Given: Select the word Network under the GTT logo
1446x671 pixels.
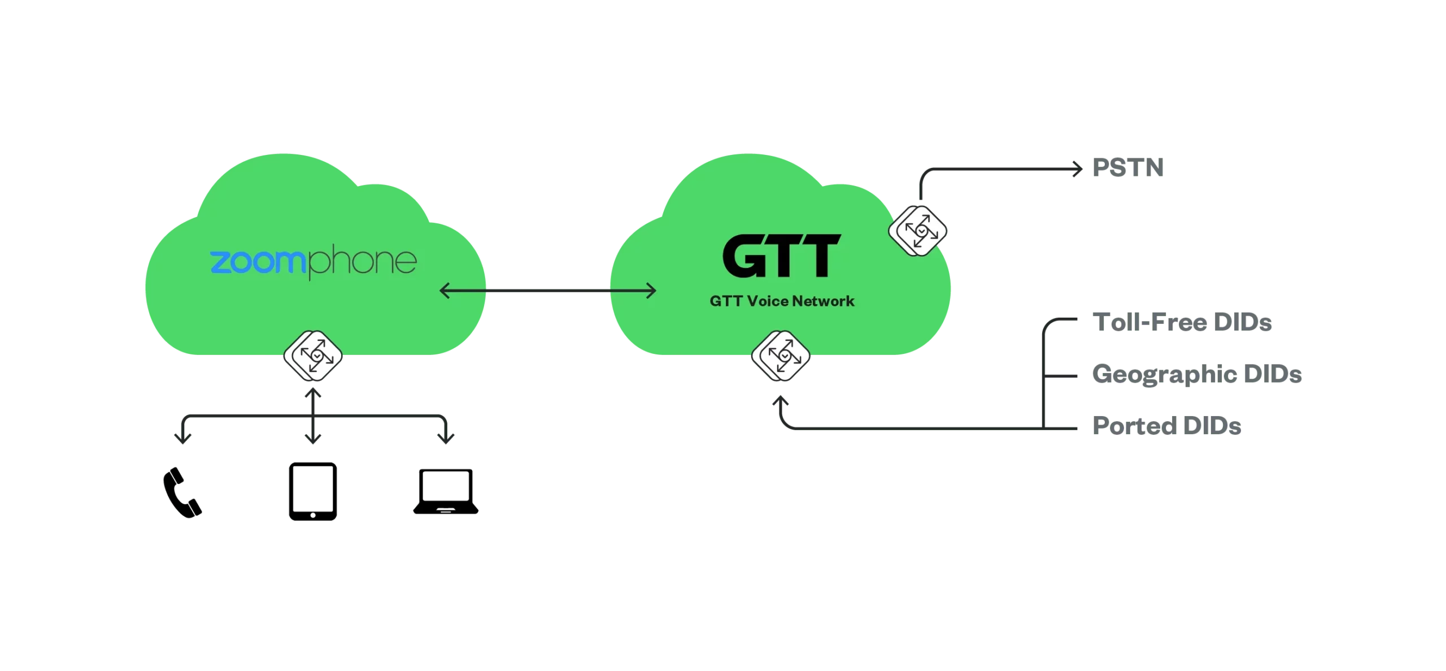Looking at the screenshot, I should point(823,301).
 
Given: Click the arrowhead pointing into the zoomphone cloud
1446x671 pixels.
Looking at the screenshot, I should point(445,291).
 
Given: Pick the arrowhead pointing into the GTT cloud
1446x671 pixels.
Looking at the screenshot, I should point(651,291).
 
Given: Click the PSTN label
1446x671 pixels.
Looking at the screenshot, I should point(1129,167).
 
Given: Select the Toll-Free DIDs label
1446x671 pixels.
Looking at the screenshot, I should point(1184,324).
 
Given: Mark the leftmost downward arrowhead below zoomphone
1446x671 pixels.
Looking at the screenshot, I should point(182,438).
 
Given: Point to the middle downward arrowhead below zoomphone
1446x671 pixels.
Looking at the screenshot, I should point(312,438).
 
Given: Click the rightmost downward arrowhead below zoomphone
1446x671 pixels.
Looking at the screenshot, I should point(446,438).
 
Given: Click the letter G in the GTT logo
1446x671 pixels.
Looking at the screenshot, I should point(745,257).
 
